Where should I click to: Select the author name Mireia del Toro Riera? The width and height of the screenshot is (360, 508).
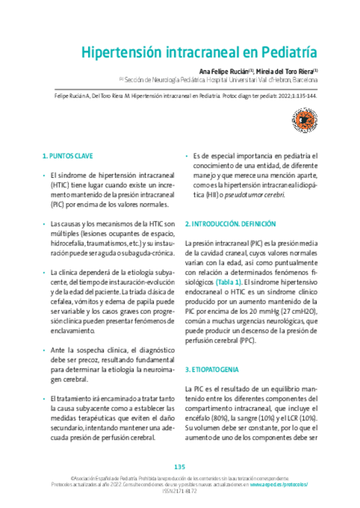point(285,70)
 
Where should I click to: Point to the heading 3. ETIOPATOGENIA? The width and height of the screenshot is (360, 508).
point(212,369)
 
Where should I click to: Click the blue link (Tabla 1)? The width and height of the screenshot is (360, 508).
point(229,281)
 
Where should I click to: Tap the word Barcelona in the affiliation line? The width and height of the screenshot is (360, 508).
point(305,79)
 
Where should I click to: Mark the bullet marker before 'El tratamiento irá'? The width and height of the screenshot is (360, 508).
point(44,399)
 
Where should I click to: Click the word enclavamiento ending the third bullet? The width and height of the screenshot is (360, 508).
point(72,330)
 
